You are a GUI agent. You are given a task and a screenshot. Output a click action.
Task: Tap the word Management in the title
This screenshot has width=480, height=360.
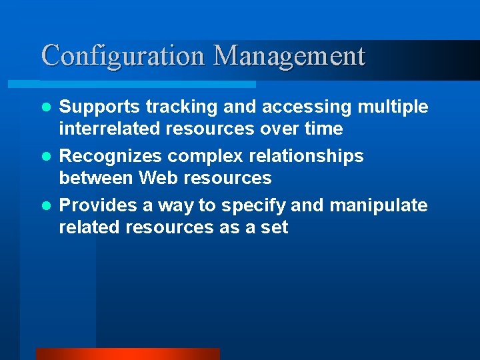click(289, 55)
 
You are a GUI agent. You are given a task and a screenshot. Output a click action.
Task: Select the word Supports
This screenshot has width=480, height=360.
click(99, 107)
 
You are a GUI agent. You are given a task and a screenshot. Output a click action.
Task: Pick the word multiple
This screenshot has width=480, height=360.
click(393, 107)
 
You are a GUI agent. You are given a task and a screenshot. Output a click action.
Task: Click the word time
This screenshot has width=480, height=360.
click(324, 129)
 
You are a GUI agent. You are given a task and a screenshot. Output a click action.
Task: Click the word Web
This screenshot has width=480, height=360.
click(156, 178)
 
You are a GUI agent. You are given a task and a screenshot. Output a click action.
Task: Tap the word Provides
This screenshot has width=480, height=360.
click(97, 205)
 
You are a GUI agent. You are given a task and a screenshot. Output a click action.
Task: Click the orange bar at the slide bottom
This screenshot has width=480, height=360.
click(127, 354)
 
